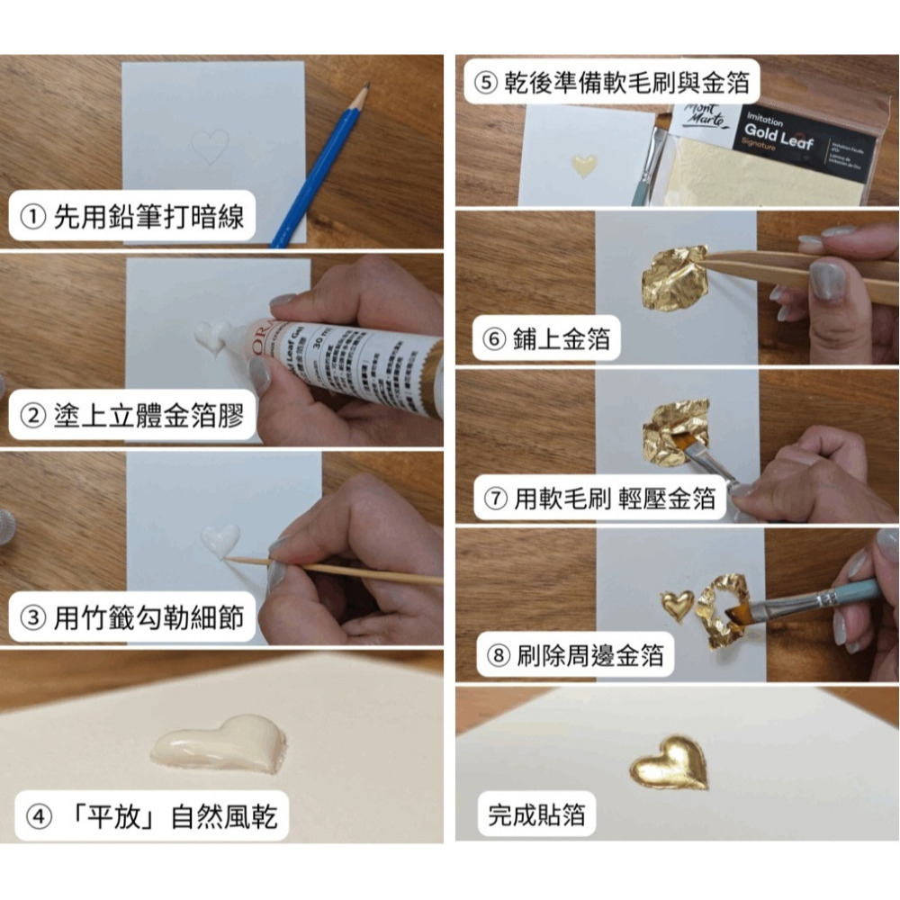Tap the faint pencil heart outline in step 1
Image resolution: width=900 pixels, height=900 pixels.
pos(211,145)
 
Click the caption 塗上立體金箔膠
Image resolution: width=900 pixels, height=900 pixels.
pos(133,418)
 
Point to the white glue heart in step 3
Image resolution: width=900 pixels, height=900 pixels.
pos(220,540)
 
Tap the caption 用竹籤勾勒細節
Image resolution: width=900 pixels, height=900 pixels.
pos(133,619)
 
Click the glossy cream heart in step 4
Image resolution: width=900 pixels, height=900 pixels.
pos(220,743)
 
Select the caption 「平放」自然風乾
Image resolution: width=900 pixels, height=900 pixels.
pos(149,816)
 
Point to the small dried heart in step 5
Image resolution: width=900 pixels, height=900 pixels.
pos(585,165)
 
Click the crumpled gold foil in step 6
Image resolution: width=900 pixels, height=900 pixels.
pos(674,278)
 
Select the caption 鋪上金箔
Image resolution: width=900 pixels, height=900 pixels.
pos(549,338)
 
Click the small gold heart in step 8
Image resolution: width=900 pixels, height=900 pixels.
pos(677,603)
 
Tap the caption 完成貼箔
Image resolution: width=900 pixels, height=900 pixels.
pos(537,815)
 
